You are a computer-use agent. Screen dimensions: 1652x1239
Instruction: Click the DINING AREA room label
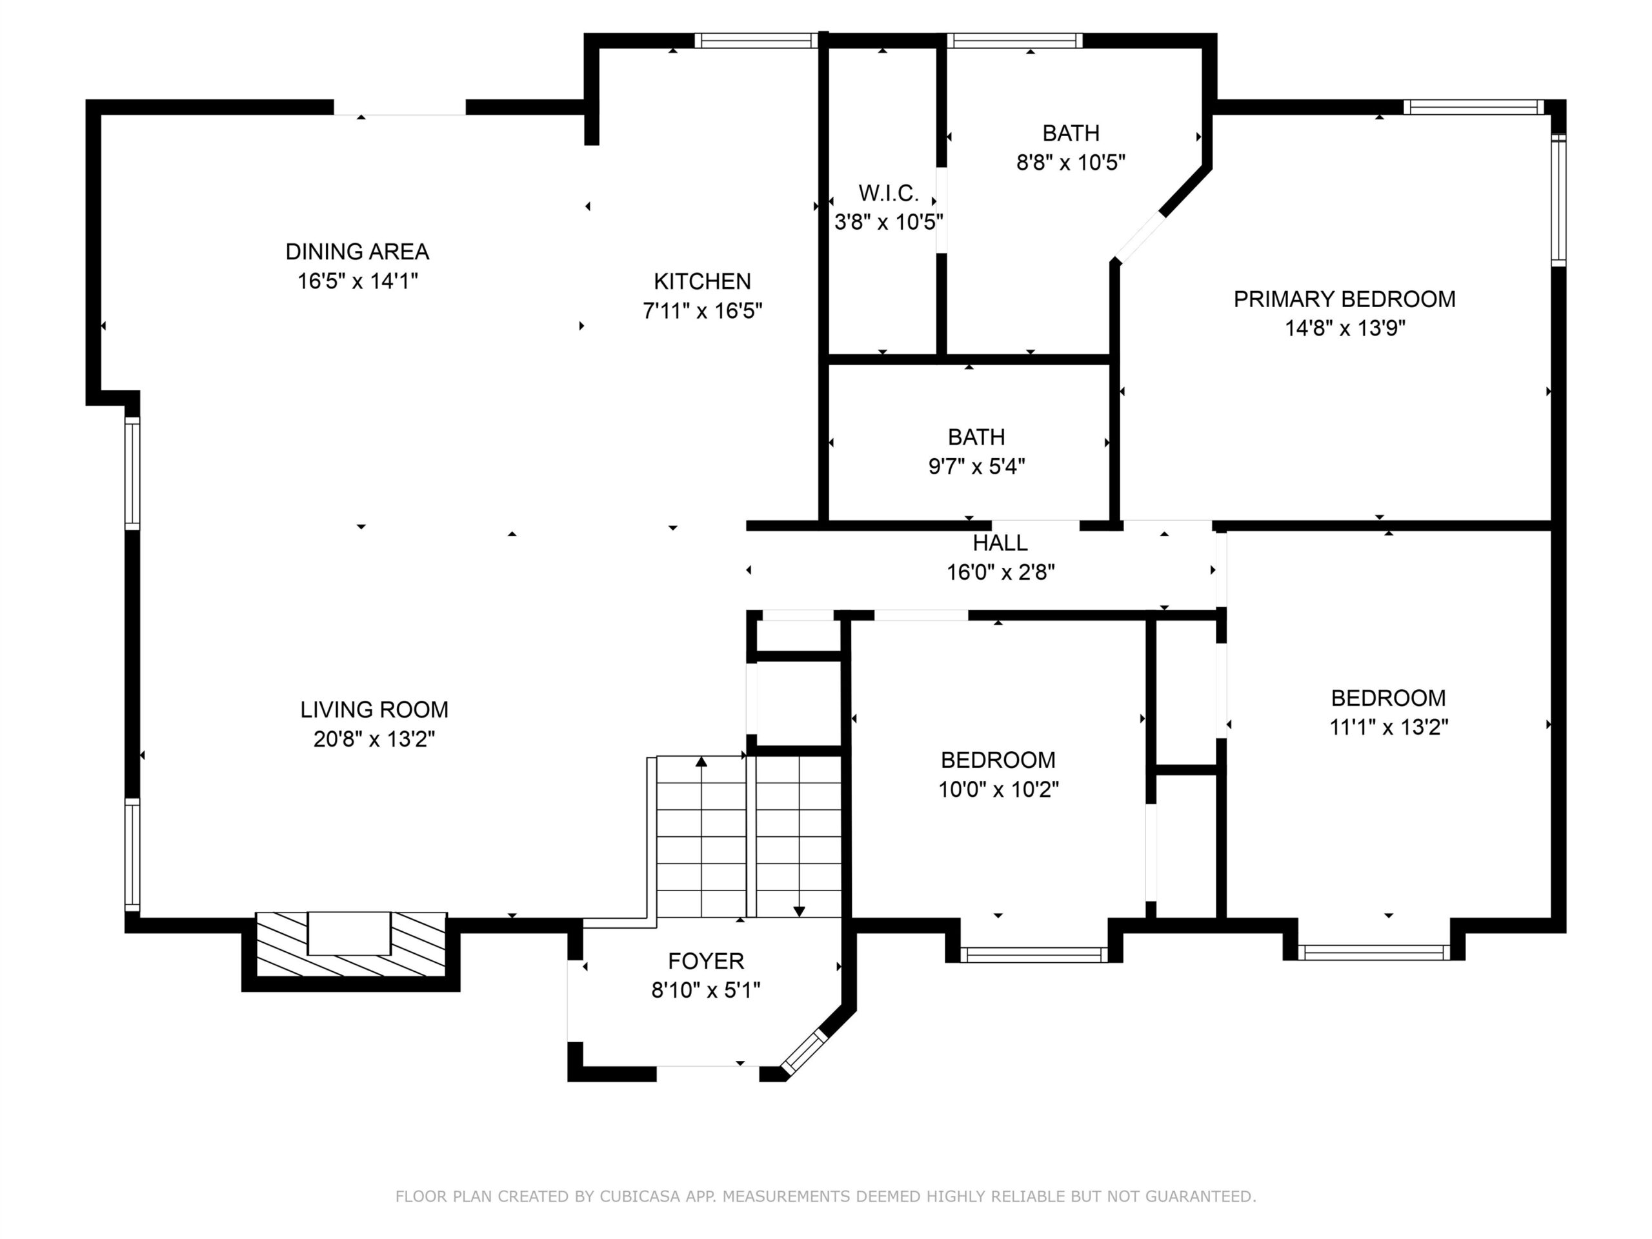coord(357,252)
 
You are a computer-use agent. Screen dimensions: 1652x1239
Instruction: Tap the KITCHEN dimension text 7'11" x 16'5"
coord(702,310)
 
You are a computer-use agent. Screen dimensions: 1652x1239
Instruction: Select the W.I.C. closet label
coord(888,194)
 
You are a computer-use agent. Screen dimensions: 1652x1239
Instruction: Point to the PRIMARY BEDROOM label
coord(1344,299)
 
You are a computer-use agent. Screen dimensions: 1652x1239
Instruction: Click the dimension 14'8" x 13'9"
coord(1344,328)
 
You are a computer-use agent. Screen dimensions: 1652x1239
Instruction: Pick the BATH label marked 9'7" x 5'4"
coord(976,437)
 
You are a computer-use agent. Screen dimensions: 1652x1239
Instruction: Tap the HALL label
coord(1000,543)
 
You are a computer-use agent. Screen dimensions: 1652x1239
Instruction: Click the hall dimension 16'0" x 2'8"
coord(1000,573)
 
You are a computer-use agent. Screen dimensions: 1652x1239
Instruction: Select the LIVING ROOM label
coord(374,709)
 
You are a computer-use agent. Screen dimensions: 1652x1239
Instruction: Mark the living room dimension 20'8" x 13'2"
coord(374,740)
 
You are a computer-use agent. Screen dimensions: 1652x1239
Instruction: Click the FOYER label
coord(706,961)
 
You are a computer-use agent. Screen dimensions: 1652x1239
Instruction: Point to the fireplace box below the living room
coord(351,945)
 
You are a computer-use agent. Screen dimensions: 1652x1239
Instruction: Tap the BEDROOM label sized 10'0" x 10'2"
coord(998,760)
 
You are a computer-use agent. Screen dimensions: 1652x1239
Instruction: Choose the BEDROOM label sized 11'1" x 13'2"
coord(1388,698)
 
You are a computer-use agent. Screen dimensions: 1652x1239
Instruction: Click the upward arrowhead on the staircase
coord(701,761)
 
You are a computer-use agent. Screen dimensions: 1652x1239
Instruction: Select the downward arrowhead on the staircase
coord(799,912)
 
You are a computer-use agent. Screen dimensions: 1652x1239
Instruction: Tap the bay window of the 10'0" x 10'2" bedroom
coord(1034,954)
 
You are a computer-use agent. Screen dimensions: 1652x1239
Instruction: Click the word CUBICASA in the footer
coord(640,1196)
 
